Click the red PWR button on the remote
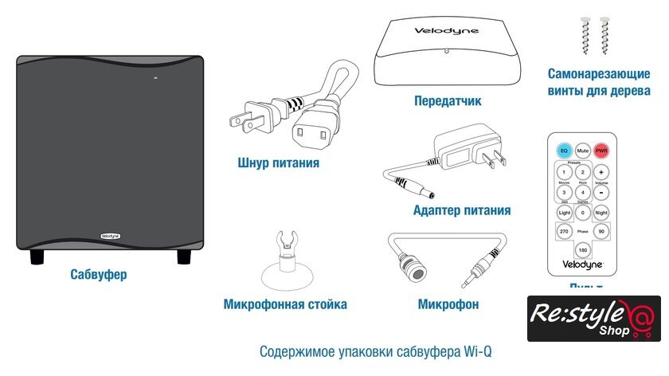[601, 150]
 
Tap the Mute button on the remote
[583, 150]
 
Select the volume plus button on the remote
[601, 171]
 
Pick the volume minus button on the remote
[601, 192]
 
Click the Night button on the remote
[601, 213]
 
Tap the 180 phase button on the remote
[583, 251]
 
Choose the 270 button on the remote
[564, 232]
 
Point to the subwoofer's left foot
[37, 257]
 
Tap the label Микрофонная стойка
[285, 304]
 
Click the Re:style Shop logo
[593, 318]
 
